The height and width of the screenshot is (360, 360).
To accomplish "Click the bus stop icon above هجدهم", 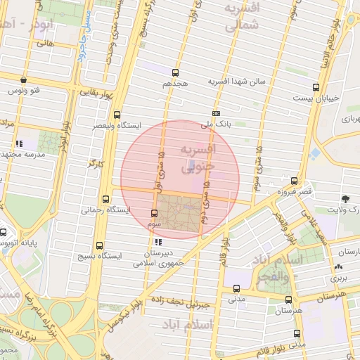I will coord(175,72).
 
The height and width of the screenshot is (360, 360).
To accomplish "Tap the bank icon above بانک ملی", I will coord(216,113).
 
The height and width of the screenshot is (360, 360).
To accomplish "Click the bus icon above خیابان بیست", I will coord(316,88).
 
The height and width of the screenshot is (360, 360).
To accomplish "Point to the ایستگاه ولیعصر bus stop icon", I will coord(117,115).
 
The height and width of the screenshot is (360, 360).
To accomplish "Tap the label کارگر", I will coord(94,163).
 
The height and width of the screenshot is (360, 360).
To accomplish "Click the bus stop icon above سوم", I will coord(155,212).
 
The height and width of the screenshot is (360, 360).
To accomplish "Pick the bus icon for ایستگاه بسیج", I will coord(99,246).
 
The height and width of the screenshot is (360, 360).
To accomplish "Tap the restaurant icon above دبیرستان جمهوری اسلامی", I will coord(157,243).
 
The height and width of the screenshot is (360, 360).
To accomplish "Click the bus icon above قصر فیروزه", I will coord(294,181).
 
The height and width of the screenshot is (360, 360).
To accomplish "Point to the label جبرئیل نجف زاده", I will coord(183,305).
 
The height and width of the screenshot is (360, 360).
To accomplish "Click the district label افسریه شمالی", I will coord(243,16).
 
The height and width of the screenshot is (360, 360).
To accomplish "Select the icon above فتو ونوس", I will coord(24,80).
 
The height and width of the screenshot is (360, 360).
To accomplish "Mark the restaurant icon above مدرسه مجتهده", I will coord(20,143).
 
